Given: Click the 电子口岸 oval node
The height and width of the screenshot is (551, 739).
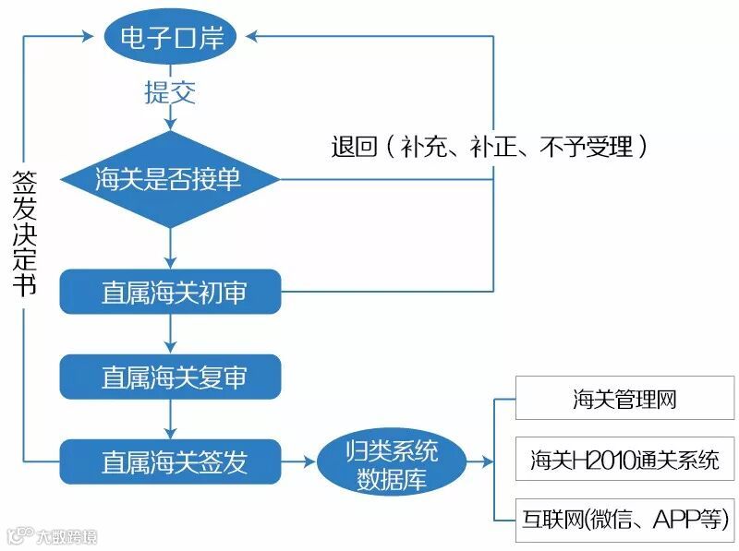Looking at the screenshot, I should tap(171, 38).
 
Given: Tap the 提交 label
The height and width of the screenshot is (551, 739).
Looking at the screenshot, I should tap(170, 92).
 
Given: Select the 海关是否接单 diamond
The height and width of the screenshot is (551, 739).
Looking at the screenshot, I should tap(170, 179).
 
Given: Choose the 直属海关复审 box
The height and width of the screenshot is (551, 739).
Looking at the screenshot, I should tap(170, 377).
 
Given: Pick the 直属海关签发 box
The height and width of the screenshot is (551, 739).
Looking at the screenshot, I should tap(170, 461).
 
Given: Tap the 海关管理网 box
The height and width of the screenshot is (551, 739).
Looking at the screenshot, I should tap(624, 400).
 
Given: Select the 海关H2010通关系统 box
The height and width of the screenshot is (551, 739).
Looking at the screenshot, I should tap(624, 459).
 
